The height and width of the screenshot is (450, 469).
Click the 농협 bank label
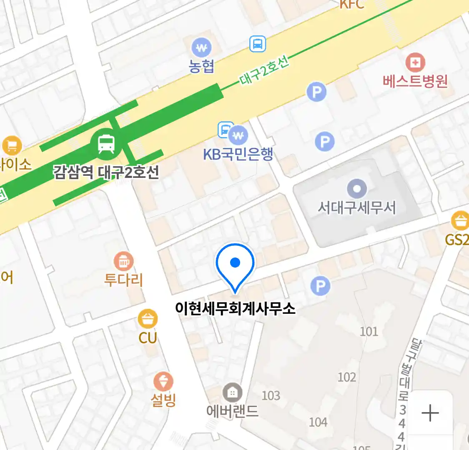[201, 66]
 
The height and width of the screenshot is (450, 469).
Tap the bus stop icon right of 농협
[258, 44]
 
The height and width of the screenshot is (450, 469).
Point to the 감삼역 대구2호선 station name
[106, 172]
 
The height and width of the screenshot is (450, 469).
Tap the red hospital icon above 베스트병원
[415, 62]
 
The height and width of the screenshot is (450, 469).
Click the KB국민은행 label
[238, 154]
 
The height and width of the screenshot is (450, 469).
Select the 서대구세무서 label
[357, 207]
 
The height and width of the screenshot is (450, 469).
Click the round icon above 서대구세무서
[357, 189]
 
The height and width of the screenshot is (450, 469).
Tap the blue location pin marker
[235, 263]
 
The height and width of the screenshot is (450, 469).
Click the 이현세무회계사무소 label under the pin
[235, 308]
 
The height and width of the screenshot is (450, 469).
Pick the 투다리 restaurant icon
[124, 262]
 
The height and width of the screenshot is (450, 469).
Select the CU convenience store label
[148, 337]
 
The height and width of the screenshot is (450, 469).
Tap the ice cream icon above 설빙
[163, 381]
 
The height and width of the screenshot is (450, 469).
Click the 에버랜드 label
[233, 411]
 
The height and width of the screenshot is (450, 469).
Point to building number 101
[369, 331]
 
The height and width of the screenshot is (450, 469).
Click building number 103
[271, 395]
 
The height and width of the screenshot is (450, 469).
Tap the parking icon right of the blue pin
[320, 286]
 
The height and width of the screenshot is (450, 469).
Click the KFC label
[352, 4]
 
